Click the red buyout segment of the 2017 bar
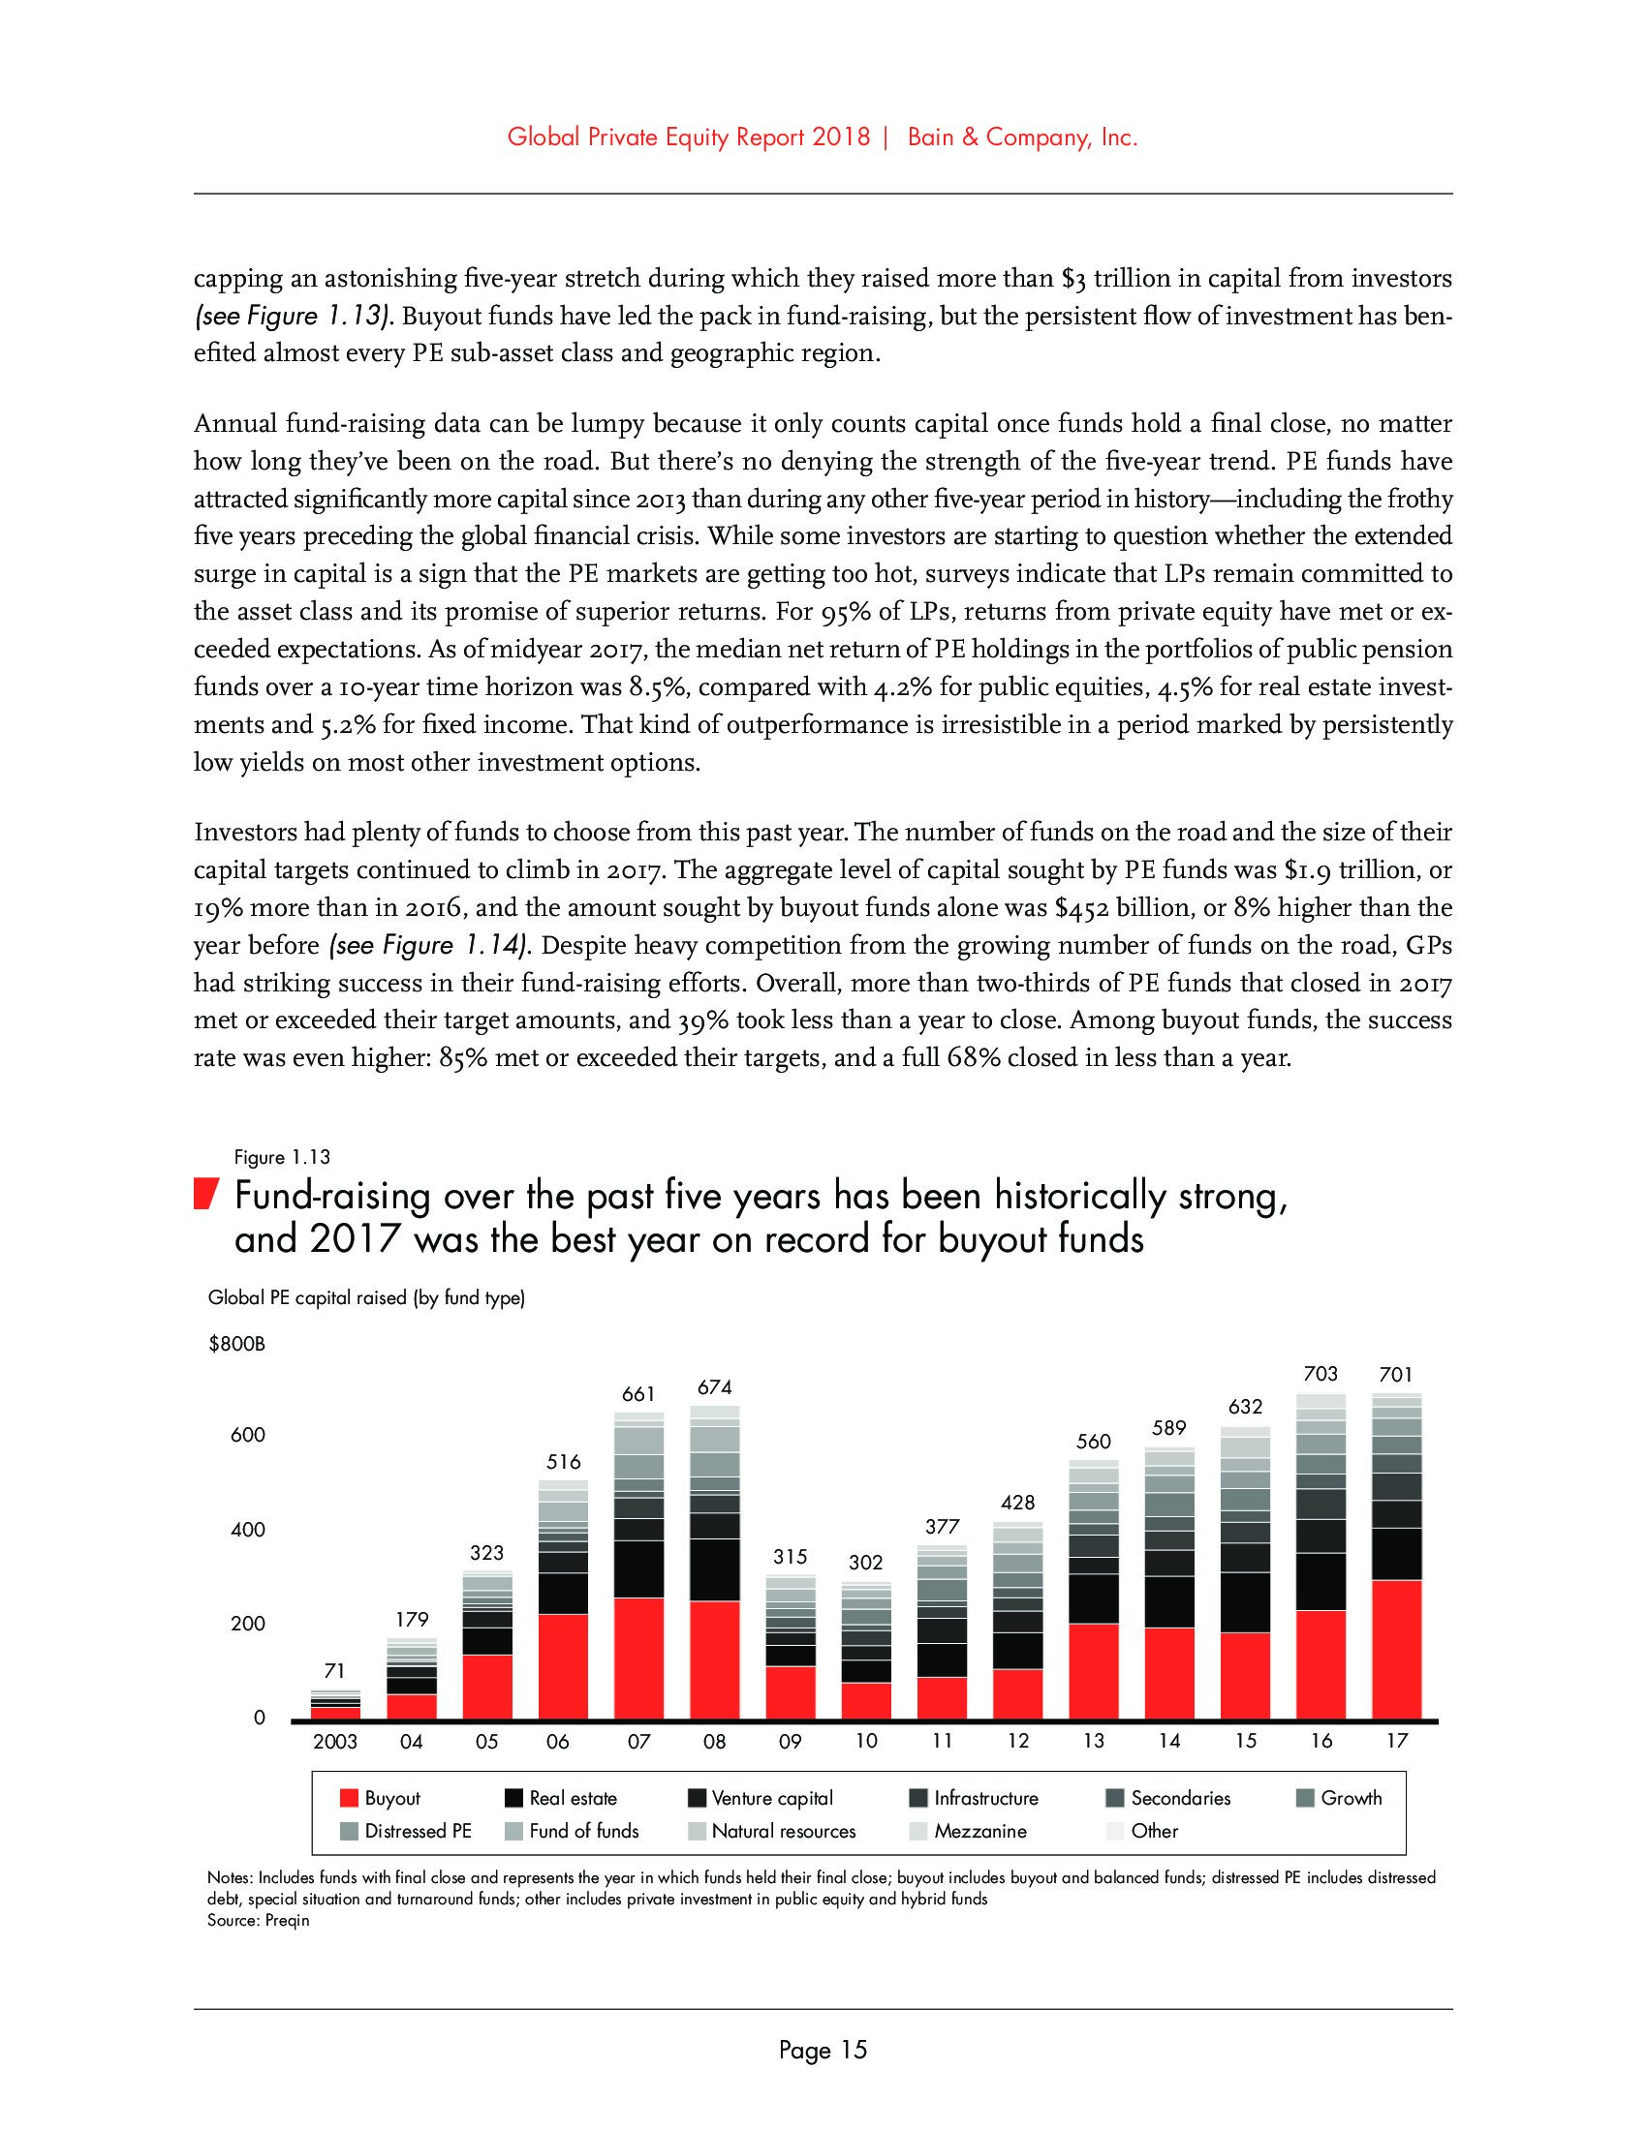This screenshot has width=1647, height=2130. coord(1396,1649)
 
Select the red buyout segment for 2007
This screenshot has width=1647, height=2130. coord(639,1658)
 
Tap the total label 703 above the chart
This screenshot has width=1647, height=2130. coord(1321,1374)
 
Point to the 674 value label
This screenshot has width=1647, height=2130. coord(715,1385)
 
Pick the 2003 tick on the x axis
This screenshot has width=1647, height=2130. coord(334,1741)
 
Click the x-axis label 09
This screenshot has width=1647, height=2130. coord(791,1741)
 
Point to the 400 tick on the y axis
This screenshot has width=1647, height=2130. coord(248,1529)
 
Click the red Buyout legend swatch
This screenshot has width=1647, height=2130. coord(350,1799)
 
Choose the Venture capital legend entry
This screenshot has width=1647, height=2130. coord(772,1799)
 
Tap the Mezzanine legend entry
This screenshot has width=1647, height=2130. coord(979,1832)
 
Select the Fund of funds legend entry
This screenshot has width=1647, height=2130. coord(583,1832)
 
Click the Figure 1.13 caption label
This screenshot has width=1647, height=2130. coord(282,1158)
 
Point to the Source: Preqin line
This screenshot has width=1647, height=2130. coord(258,1921)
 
